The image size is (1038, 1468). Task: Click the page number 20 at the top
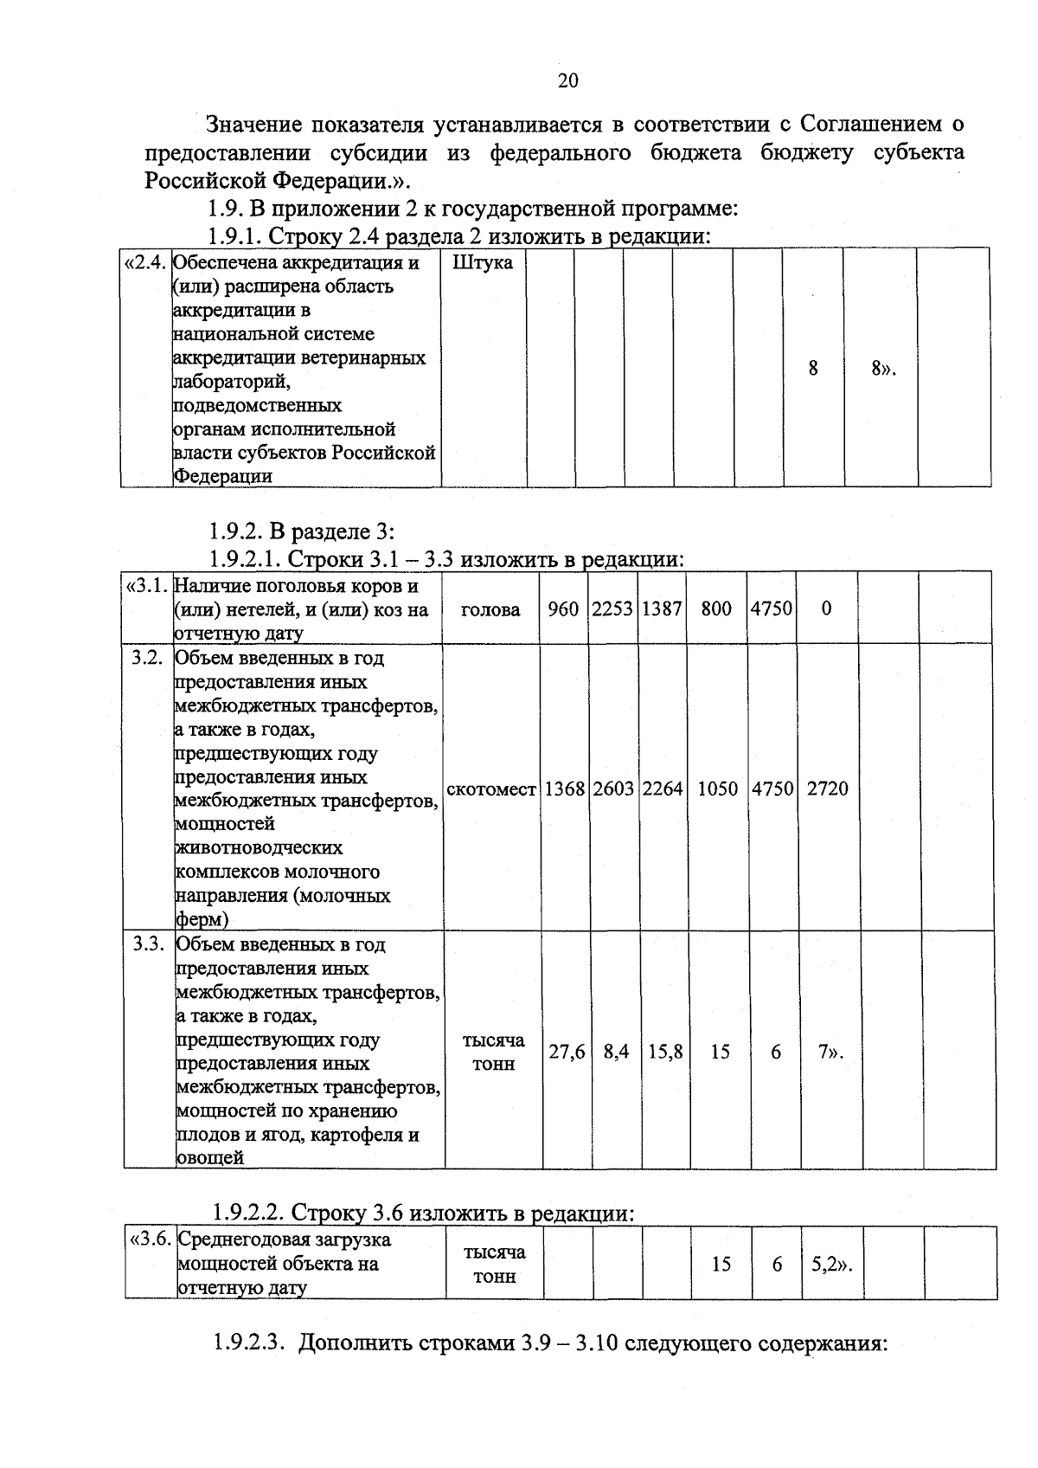[x=567, y=81]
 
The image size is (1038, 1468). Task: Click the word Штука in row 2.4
[x=482, y=262]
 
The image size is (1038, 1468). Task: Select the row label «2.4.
[x=146, y=262]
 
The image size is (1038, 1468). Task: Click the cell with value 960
[x=563, y=608]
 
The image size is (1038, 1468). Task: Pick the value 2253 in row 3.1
[x=612, y=608]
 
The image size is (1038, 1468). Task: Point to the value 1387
[x=662, y=608]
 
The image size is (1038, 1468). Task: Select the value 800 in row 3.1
[x=716, y=608]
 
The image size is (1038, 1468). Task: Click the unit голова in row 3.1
[x=490, y=609]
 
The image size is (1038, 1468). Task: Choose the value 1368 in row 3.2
[x=564, y=789]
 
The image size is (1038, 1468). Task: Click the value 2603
[x=613, y=789]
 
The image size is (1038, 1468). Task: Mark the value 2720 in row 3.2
[x=828, y=789]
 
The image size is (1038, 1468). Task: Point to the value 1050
[x=717, y=789]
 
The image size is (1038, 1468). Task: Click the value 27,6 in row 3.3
[x=567, y=1052]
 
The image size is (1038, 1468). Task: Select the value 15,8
[x=665, y=1052]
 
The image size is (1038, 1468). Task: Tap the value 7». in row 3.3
[x=830, y=1052]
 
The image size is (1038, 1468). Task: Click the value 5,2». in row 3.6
[x=831, y=1265]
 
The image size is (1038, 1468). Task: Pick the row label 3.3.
[x=148, y=944]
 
